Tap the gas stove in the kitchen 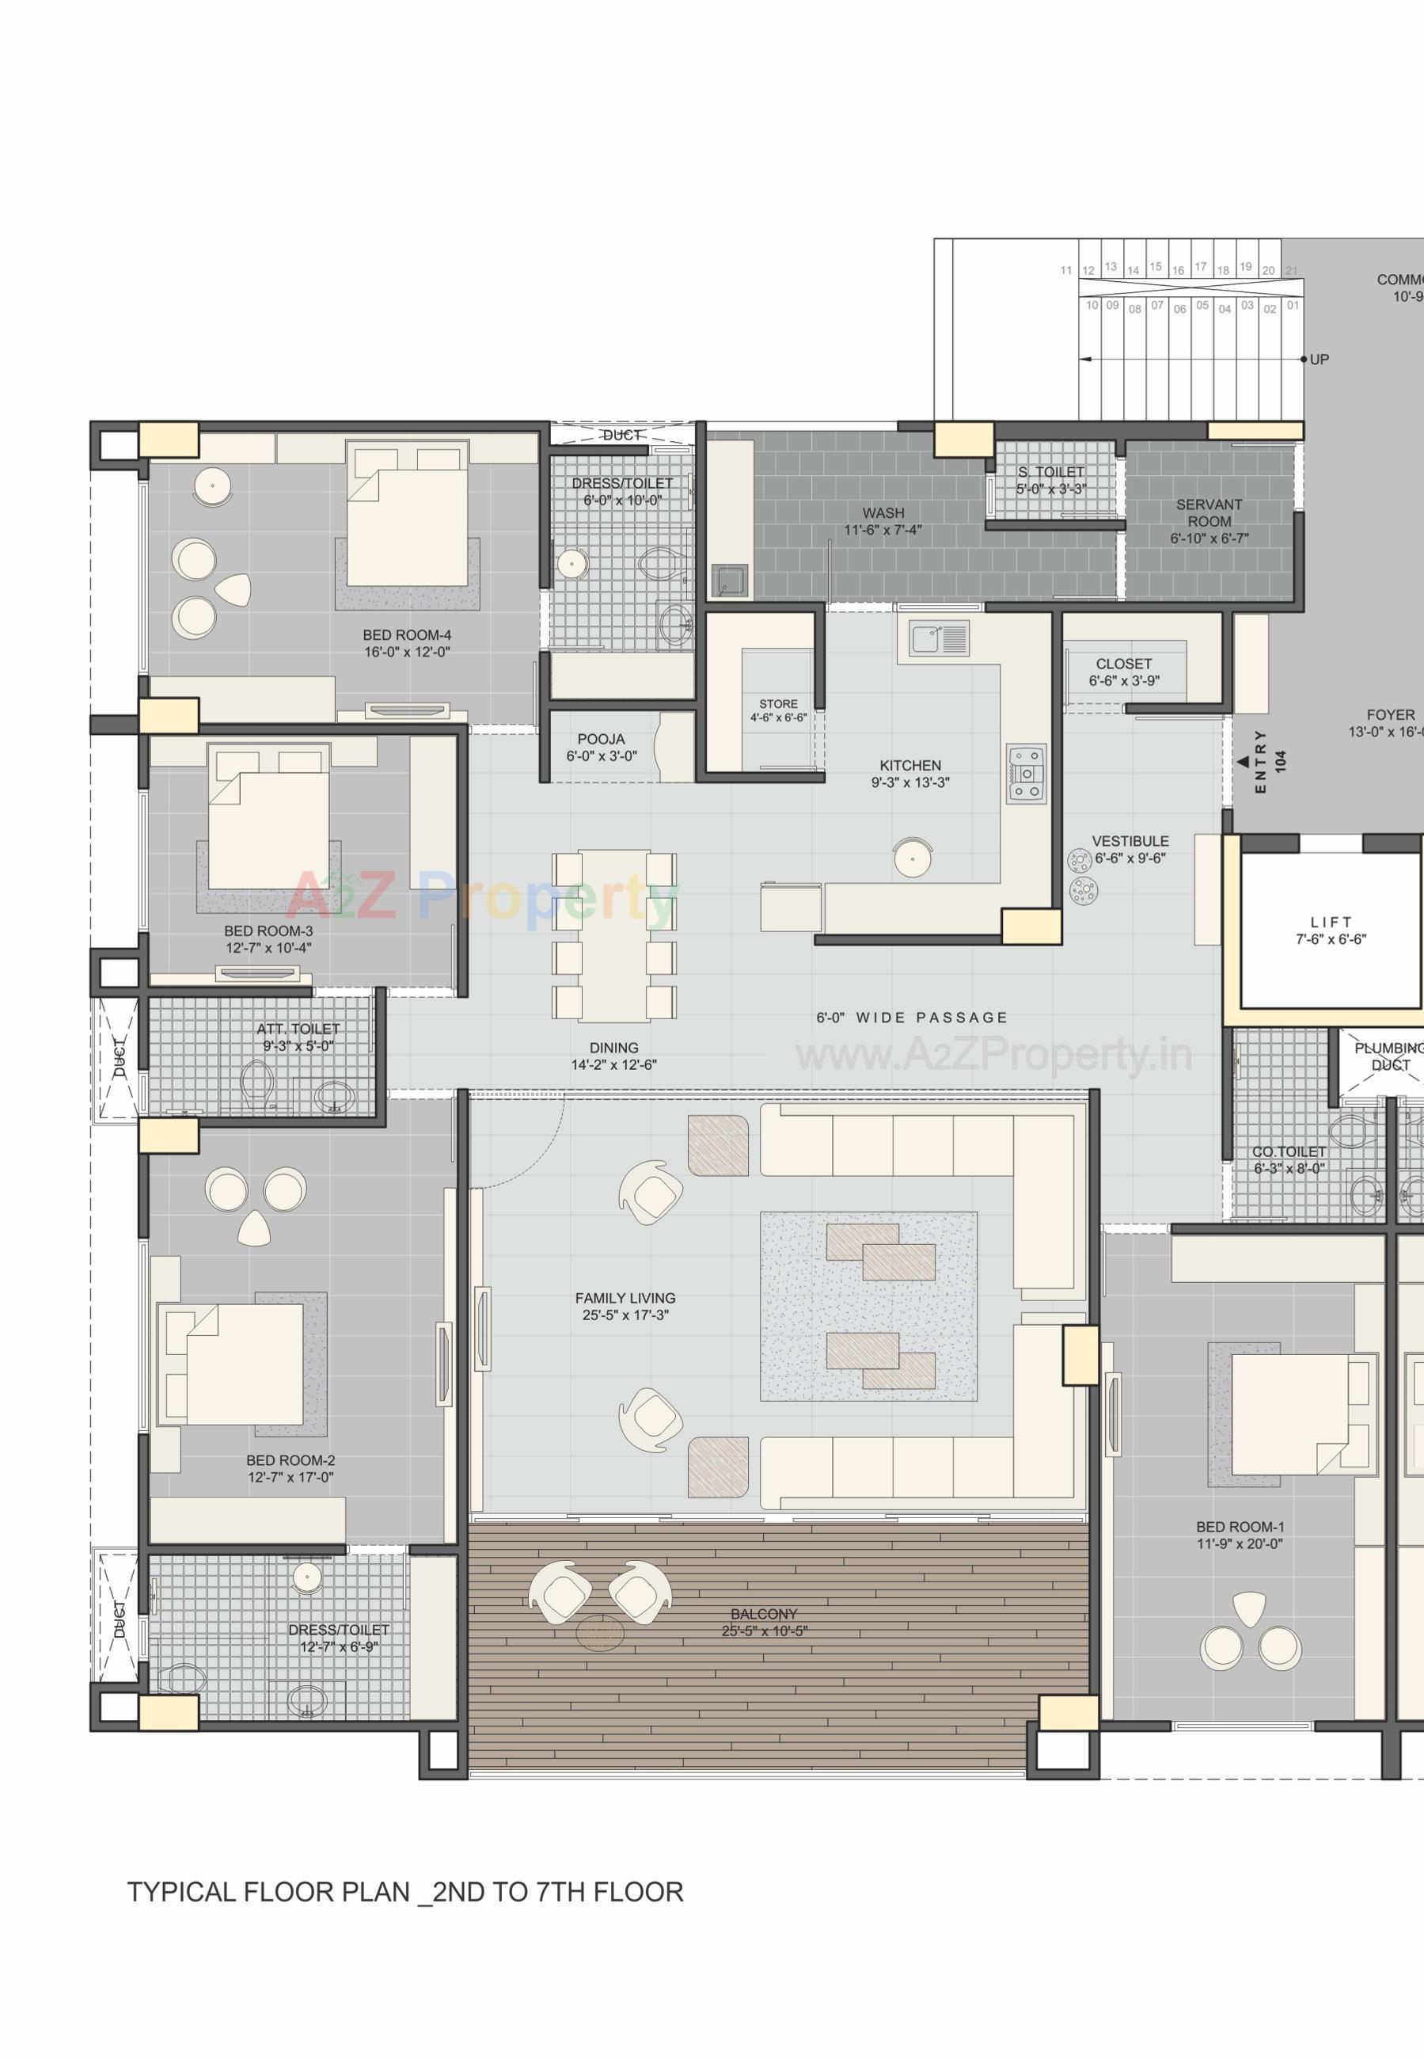point(1026,774)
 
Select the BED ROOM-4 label point(407,634)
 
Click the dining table point(614,935)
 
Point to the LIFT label point(1331,922)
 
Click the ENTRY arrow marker point(1243,762)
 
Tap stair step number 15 point(1156,267)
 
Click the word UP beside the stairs point(1319,360)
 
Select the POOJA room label point(601,739)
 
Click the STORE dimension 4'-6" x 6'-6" point(778,717)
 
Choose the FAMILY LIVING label point(625,1298)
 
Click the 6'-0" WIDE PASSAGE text point(912,1018)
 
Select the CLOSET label point(1123,663)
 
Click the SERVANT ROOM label point(1209,512)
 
